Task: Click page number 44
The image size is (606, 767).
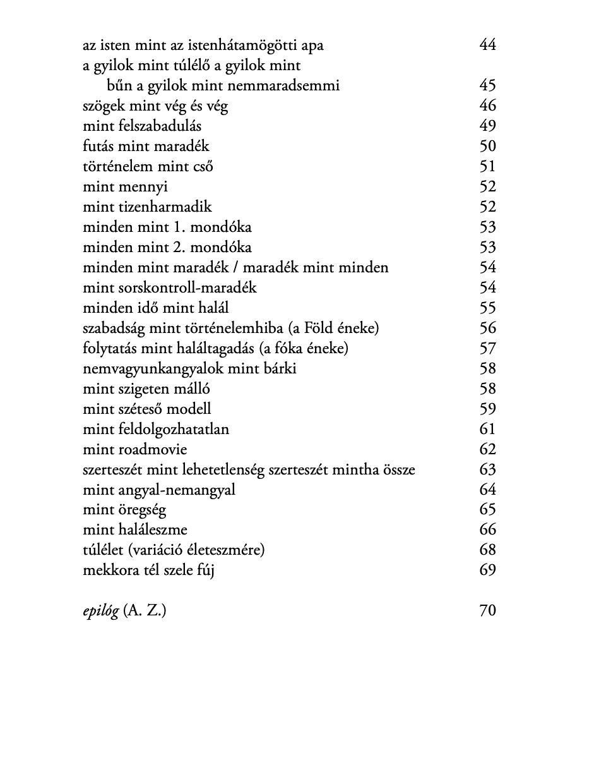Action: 487,45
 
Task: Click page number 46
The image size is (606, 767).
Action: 487,106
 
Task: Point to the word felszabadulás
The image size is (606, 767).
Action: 160,126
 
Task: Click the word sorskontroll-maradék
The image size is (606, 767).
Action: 187,287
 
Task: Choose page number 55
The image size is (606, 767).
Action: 487,308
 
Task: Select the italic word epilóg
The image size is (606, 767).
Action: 100,611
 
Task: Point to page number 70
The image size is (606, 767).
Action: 487,610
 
